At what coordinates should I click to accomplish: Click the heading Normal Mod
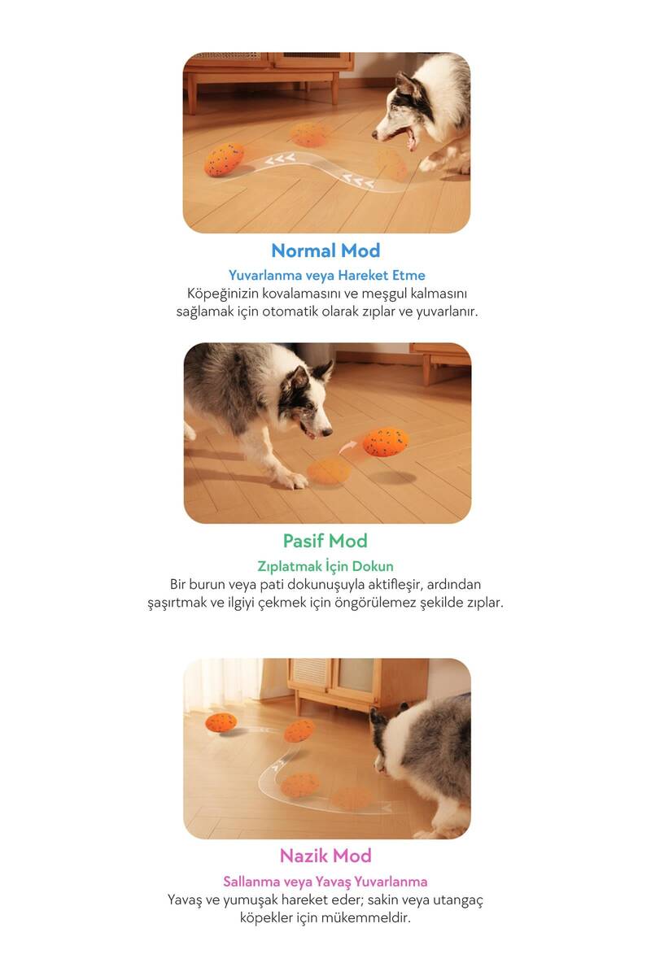[x=325, y=251]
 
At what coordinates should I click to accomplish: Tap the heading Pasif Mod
[x=325, y=541]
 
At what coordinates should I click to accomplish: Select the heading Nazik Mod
[x=325, y=856]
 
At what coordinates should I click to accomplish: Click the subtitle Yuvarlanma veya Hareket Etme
[x=326, y=276]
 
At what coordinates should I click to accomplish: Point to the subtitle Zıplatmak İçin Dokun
[x=325, y=565]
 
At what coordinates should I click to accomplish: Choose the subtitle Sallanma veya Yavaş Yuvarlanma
[x=325, y=881]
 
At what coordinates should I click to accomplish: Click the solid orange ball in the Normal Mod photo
[x=224, y=160]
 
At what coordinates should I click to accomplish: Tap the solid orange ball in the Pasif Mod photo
[x=386, y=442]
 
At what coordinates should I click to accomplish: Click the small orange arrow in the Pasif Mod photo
[x=347, y=447]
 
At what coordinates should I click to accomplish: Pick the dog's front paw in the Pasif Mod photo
[x=295, y=481]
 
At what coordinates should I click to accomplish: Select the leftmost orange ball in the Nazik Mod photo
[x=221, y=722]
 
